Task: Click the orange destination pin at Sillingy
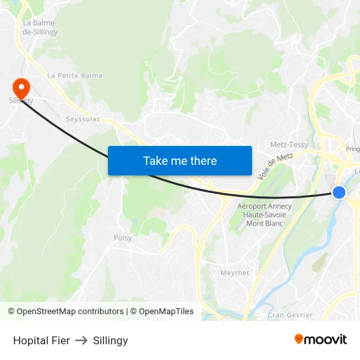[x=21, y=87]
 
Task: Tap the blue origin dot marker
[x=339, y=192]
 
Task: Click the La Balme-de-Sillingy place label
[x=40, y=27]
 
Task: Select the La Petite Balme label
[x=75, y=76]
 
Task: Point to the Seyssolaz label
[x=83, y=119]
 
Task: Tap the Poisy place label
[x=123, y=238]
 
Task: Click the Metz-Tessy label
[x=289, y=145]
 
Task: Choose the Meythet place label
[x=235, y=273]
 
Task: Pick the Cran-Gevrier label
[x=290, y=315]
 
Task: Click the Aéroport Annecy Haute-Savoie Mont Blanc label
[x=264, y=215]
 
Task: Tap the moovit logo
[x=320, y=340]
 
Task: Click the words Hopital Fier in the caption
[x=41, y=340]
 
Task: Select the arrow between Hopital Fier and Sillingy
[x=82, y=340]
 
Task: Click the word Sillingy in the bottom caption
[x=111, y=340]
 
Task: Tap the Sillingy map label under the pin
[x=21, y=100]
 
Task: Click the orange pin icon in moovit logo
[x=299, y=339]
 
